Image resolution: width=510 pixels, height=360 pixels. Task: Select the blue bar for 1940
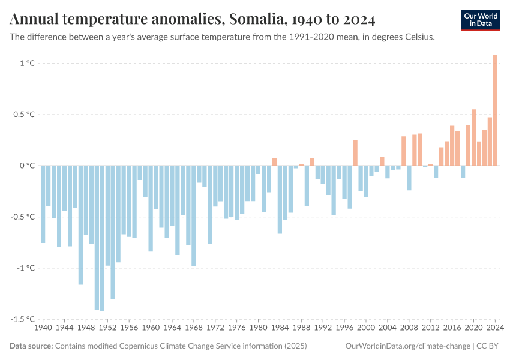tap(43, 204)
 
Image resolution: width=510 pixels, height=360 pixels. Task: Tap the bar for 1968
tap(194, 216)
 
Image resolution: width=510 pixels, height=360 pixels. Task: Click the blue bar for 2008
tap(409, 178)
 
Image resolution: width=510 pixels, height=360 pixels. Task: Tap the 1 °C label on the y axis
tap(26, 63)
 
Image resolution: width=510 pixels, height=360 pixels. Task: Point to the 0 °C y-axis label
tap(28, 166)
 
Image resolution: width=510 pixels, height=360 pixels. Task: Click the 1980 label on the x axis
tap(259, 329)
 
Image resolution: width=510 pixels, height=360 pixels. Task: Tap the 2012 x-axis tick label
tap(431, 329)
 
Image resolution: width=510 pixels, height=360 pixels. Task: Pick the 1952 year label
tap(108, 329)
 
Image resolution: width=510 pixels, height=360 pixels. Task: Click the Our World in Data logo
tap(480, 20)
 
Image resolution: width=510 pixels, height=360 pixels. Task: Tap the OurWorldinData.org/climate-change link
tap(406, 346)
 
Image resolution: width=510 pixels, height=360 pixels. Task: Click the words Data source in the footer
tap(31, 346)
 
